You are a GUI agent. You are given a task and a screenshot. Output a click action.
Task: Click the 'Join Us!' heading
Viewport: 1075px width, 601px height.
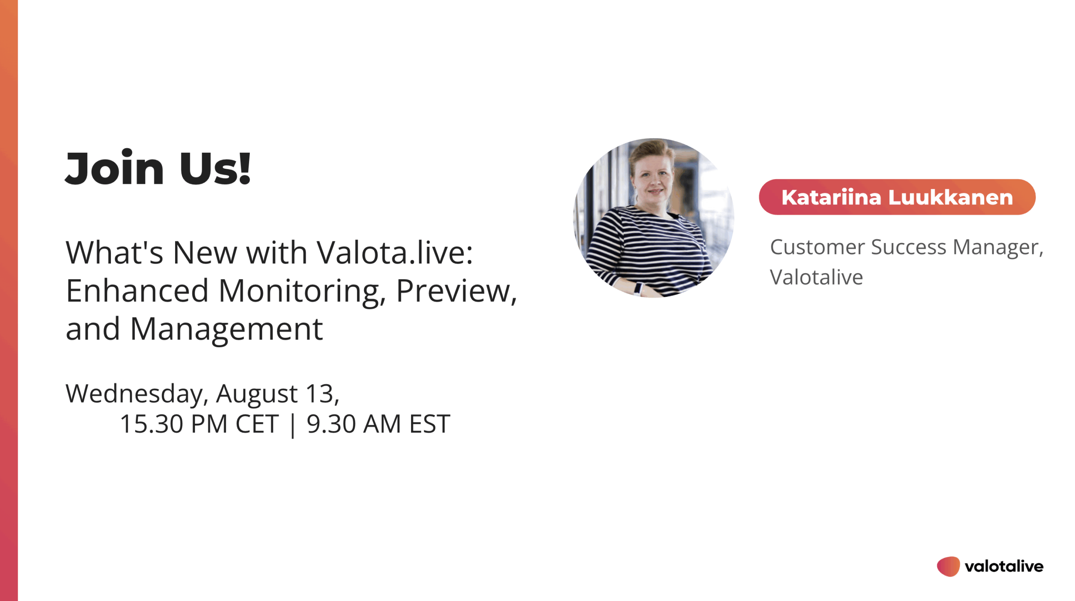(158, 168)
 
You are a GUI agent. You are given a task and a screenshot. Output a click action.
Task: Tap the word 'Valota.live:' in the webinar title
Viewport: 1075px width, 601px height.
(395, 253)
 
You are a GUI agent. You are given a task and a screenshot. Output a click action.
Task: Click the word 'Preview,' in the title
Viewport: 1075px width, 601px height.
(456, 291)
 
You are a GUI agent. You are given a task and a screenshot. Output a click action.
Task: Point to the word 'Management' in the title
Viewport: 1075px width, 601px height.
(227, 329)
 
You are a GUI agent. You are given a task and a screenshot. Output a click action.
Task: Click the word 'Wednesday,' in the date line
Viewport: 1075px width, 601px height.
(137, 394)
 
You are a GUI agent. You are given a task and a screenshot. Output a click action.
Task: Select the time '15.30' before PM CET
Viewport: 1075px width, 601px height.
(152, 423)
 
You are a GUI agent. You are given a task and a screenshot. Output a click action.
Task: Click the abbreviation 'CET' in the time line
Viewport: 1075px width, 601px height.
(257, 423)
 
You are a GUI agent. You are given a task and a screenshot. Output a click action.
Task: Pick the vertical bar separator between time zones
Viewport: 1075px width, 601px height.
(293, 425)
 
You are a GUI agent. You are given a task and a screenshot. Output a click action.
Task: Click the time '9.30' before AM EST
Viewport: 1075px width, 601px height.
(331, 423)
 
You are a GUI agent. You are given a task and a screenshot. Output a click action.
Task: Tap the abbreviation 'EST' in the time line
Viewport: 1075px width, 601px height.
(430, 423)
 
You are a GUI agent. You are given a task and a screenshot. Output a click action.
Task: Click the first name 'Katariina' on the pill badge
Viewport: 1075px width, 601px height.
(831, 197)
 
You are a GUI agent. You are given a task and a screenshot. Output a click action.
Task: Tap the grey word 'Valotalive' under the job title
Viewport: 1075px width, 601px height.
(816, 277)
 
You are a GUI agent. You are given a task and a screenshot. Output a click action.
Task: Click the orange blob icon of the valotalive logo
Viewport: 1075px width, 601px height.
(948, 566)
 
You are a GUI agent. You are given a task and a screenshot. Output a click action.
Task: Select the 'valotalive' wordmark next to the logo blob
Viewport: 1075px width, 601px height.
(1004, 566)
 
